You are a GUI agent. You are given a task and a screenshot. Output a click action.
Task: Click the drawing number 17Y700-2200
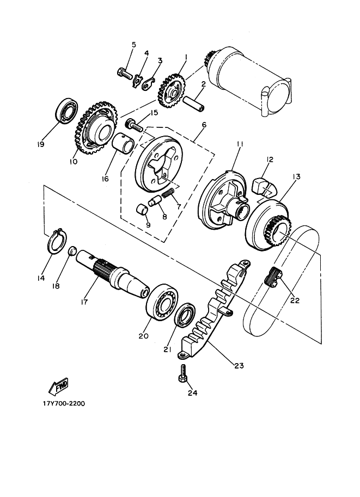click(64, 404)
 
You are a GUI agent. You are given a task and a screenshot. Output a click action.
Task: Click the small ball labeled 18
click(70, 251)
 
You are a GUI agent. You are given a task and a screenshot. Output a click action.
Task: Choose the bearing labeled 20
click(162, 301)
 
